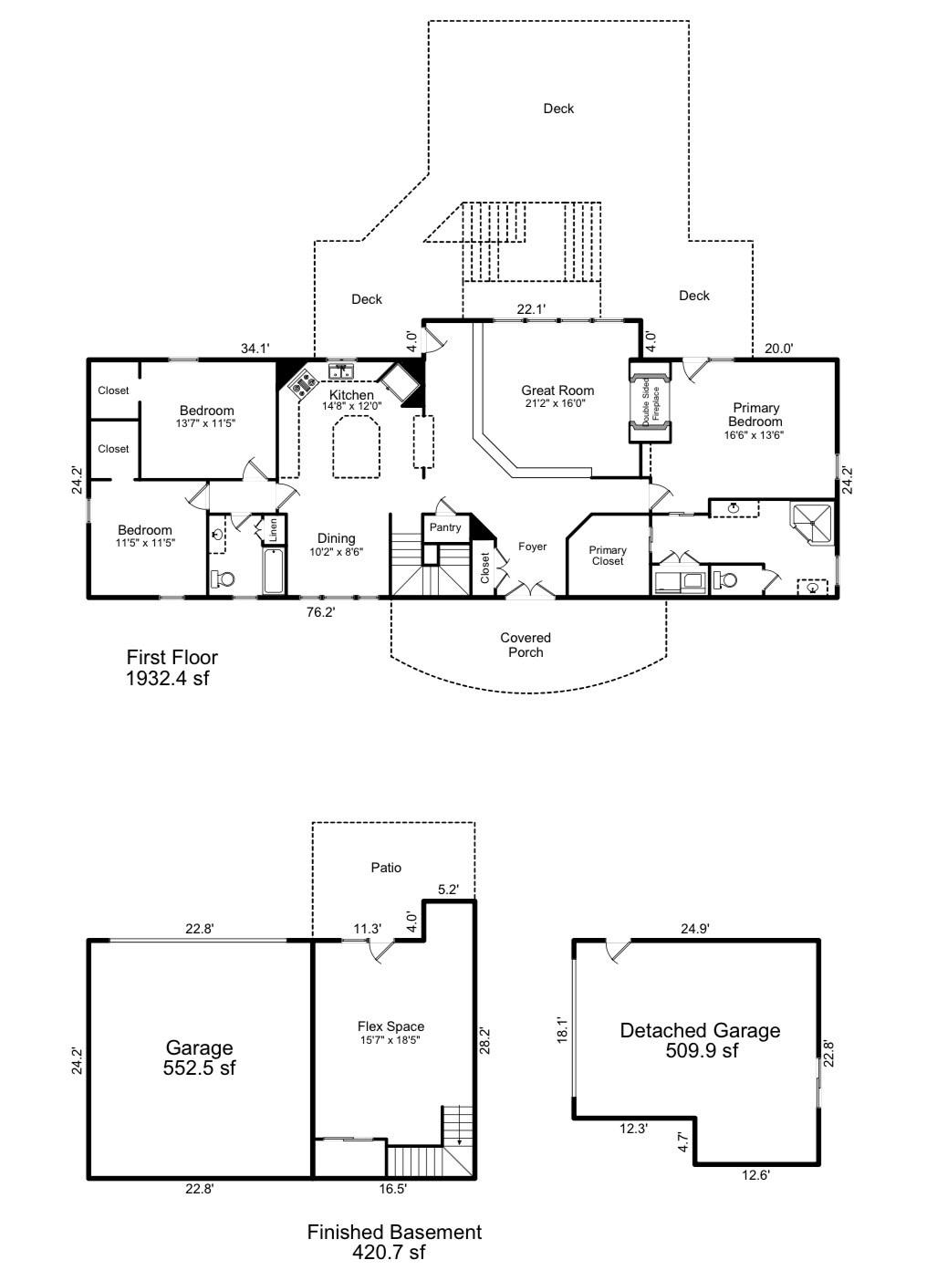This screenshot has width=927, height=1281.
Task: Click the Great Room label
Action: [x=557, y=396]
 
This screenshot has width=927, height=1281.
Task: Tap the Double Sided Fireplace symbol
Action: [x=650, y=402]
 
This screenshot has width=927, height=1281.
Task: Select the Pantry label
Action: [x=445, y=527]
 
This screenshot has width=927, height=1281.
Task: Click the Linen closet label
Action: [x=272, y=528]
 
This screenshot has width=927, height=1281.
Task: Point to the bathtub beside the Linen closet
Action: [x=273, y=571]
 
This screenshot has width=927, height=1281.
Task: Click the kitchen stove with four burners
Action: [x=302, y=384]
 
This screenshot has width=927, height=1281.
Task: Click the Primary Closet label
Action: [x=607, y=556]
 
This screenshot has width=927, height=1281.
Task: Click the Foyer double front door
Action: [x=530, y=591]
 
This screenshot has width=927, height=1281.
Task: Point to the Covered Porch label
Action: [x=526, y=644]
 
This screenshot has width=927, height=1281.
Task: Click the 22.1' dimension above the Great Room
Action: [x=531, y=309]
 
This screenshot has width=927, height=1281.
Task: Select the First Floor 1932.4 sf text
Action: [x=172, y=667]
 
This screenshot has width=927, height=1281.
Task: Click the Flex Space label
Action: [x=391, y=1032]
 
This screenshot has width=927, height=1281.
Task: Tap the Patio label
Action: [x=386, y=868]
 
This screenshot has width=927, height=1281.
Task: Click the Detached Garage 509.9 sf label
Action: [x=700, y=1040]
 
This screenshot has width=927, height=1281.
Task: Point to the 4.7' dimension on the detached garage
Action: [x=683, y=1141]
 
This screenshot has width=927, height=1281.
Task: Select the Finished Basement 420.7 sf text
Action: [x=393, y=1242]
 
